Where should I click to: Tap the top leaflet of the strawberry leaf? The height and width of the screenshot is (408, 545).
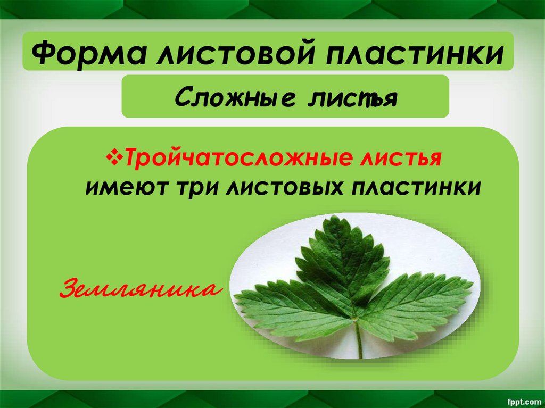(x=341, y=261)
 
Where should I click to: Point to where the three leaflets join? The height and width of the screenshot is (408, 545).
(x=354, y=318)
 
